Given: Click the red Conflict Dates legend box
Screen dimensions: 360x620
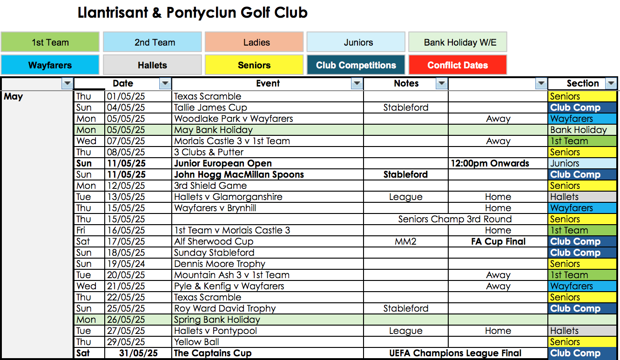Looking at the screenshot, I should point(458,65).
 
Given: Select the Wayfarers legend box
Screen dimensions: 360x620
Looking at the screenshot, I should point(50,65).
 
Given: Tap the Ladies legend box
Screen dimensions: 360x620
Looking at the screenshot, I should point(254,42).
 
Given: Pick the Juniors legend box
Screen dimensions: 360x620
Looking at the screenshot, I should point(356,42).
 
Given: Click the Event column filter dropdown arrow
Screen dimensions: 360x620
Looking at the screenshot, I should point(357,84).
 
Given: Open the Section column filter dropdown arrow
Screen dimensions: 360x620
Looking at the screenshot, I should point(611,84).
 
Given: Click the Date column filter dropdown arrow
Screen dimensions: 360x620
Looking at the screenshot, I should point(165,84).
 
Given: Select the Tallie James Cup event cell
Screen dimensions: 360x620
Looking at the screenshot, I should point(210,107).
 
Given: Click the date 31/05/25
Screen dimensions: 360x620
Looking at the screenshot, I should point(138,353).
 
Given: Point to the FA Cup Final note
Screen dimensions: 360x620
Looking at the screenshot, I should point(498,241).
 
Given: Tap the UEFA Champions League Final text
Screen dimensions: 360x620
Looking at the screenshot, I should point(455,353).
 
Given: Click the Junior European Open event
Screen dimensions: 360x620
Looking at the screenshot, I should point(222,163).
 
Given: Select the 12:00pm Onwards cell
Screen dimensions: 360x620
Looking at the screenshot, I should point(490,163).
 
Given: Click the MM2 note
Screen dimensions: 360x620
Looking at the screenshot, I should point(405,241).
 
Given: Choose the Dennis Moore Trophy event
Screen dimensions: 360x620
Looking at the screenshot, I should point(219,264).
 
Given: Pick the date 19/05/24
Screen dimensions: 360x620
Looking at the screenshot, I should point(126,264).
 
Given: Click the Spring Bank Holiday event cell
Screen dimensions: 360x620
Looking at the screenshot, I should point(217,320).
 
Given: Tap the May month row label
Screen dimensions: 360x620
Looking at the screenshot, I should point(13,97).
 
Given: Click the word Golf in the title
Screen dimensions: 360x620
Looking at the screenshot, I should point(256,13).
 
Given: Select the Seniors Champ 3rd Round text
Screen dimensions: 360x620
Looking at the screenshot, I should point(455,219).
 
